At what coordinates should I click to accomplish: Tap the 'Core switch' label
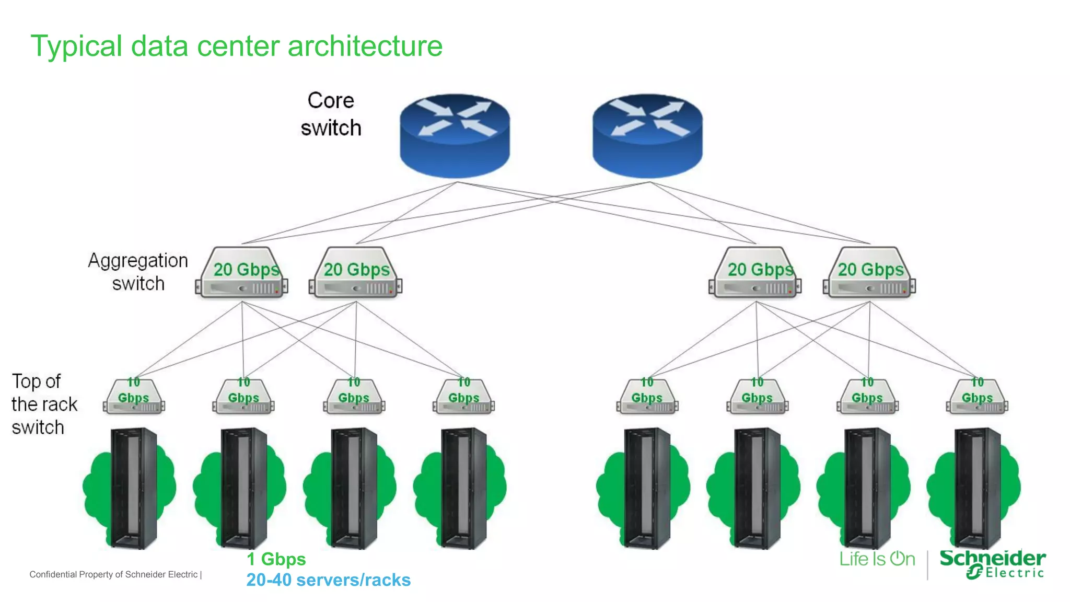click(x=331, y=114)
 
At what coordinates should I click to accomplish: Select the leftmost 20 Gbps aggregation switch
click(x=242, y=273)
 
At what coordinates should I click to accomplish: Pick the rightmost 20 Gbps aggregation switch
click(x=870, y=273)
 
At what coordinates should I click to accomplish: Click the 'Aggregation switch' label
click(x=138, y=272)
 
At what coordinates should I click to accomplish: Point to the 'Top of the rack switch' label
click(x=44, y=404)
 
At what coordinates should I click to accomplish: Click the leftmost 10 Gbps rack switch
click(x=134, y=397)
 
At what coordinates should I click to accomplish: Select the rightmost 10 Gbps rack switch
click(x=977, y=397)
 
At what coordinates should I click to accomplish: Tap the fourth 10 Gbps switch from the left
click(x=464, y=397)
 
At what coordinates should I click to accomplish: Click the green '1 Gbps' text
click(x=276, y=559)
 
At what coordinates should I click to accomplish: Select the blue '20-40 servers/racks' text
click(x=328, y=580)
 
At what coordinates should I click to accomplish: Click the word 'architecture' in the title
click(x=365, y=46)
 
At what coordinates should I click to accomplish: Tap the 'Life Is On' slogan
click(x=877, y=559)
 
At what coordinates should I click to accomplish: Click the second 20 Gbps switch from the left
click(x=356, y=273)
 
